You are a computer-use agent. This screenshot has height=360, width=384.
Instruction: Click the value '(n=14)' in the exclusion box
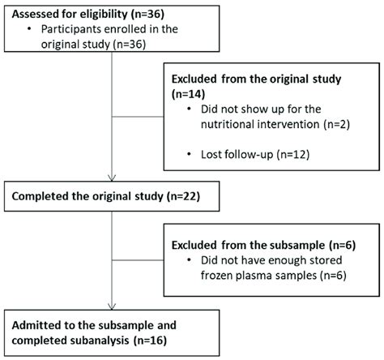click(189, 94)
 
